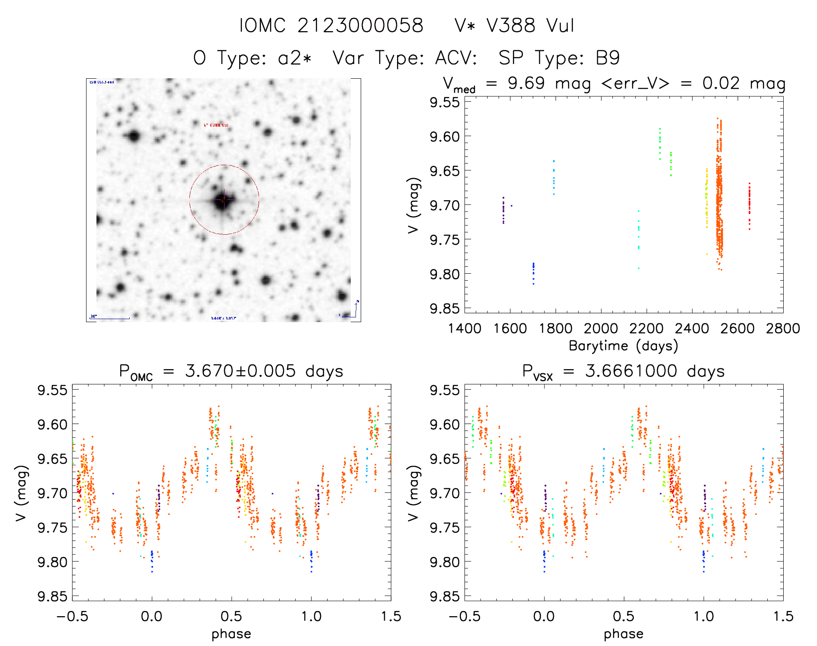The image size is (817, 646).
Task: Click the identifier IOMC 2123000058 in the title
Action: click(331, 26)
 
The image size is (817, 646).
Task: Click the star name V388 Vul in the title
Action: click(530, 26)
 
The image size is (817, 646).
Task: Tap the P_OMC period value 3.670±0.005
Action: click(240, 371)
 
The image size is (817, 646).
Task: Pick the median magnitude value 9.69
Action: click(526, 83)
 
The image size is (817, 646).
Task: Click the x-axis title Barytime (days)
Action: click(623, 346)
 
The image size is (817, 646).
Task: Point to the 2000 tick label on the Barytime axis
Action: click(601, 329)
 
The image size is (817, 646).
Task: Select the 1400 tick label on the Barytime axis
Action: click(465, 329)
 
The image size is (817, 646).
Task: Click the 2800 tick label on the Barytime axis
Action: click(783, 329)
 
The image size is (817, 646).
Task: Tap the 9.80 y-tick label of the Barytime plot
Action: click(444, 274)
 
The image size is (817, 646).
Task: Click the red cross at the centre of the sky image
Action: click(223, 200)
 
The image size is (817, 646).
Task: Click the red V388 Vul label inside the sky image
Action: click(216, 125)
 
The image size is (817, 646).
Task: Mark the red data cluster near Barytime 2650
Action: click(750, 205)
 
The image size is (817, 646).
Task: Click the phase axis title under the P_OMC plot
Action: click(231, 634)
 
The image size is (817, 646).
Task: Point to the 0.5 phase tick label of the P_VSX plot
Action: click(624, 617)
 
